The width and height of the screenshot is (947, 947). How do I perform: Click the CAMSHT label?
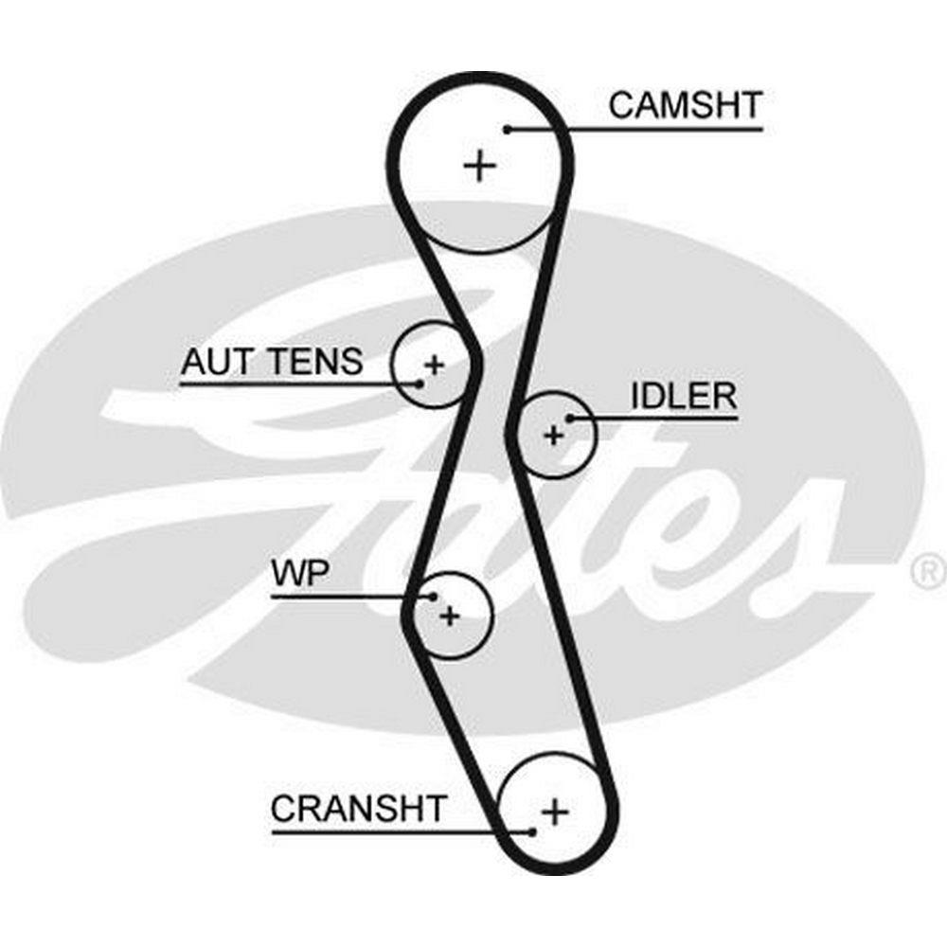point(685,105)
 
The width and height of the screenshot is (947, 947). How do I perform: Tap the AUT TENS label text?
point(272,361)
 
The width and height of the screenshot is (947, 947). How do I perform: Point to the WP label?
point(300,574)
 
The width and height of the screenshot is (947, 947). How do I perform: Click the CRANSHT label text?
point(358,809)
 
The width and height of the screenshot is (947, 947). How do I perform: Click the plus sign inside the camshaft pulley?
point(480,167)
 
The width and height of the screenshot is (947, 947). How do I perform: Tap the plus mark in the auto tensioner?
point(434,364)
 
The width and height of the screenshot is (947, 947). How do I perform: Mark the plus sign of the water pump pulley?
point(450,616)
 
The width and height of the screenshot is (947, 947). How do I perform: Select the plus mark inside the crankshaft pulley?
point(555,811)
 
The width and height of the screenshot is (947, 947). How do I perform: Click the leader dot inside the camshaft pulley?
point(508,129)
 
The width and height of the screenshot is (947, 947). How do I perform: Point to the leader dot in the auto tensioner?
point(419,384)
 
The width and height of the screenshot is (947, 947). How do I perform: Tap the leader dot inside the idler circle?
point(569,417)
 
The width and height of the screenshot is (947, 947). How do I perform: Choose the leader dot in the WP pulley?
point(433,597)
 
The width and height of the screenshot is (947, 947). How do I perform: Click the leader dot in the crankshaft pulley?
point(533,831)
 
